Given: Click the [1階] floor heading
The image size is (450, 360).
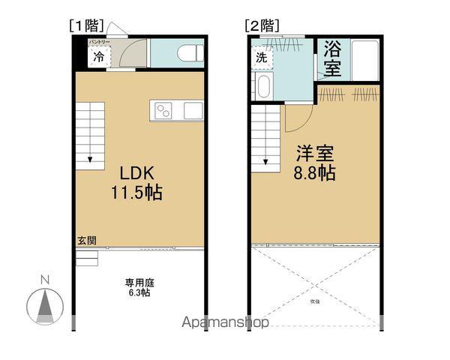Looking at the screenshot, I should coord(86,25).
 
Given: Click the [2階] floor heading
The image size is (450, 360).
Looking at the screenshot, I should coord(261,25).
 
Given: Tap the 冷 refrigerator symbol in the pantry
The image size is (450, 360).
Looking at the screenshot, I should coord(98,55).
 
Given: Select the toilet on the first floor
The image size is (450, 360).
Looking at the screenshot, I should coord(187,53).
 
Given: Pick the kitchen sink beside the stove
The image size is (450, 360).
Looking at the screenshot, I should coord(192,111).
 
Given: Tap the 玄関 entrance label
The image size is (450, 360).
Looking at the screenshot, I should coord(86,241).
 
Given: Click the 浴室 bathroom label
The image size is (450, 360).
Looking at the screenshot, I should coord(332,58).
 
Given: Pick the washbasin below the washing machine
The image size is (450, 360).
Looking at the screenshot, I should coord(264,86).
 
